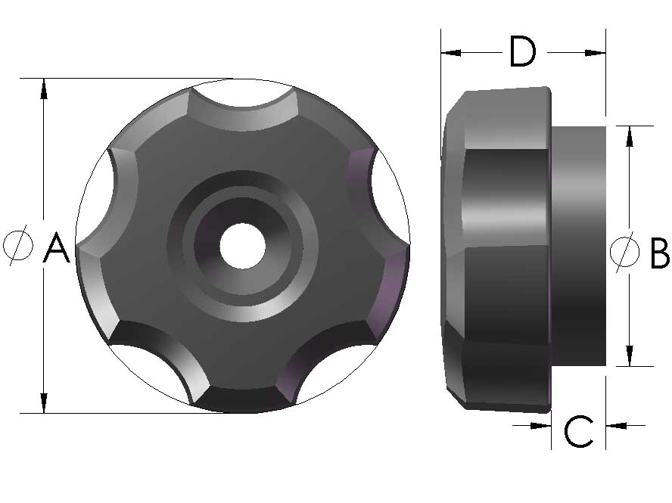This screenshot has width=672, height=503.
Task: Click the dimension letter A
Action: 57,248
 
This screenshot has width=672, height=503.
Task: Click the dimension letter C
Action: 579,432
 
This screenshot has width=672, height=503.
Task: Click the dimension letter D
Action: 522,52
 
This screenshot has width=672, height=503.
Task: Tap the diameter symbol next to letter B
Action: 624,252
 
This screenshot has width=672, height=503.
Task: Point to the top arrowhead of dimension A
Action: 44,88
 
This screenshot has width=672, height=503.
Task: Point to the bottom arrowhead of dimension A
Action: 44,402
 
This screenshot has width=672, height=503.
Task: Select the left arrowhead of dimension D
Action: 451,52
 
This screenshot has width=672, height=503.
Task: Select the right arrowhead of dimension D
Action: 596,52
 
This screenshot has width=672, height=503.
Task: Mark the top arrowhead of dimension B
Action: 629,135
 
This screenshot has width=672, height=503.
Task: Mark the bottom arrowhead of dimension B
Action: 629,356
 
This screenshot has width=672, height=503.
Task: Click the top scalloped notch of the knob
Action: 242,95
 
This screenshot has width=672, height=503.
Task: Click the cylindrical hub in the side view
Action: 579,246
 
